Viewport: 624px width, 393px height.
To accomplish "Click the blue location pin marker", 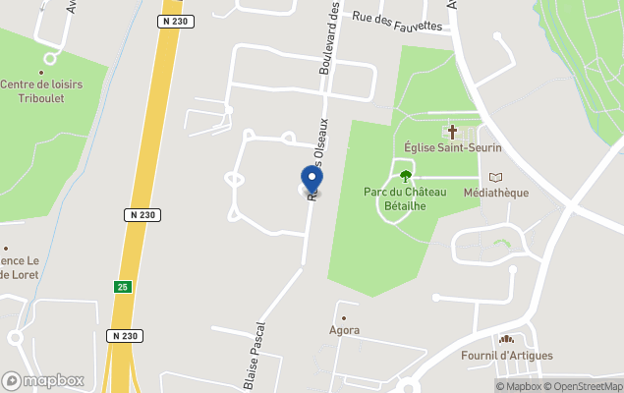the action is (x=312, y=180).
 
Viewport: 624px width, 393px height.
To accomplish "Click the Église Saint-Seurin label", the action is (x=453, y=147).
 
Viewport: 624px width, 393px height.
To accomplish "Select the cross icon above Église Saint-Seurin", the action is (x=453, y=131).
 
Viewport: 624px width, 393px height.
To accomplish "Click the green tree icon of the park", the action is (x=405, y=177).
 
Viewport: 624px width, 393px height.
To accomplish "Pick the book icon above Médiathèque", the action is (x=495, y=177).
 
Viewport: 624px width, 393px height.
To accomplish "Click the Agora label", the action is (x=344, y=331).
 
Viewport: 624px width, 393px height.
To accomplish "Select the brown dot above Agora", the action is (x=344, y=317).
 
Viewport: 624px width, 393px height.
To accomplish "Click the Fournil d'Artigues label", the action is (x=507, y=356).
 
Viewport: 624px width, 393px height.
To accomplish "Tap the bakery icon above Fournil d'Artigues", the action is (x=507, y=339).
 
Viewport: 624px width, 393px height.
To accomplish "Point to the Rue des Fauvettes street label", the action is (x=397, y=21).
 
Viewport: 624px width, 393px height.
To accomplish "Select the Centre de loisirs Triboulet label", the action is (x=41, y=91).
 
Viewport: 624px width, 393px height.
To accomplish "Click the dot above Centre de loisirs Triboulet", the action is (x=41, y=72).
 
